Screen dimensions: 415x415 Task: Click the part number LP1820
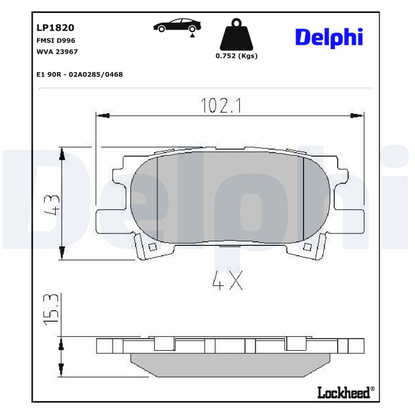pos(55,27)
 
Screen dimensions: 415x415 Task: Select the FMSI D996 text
pos(56,40)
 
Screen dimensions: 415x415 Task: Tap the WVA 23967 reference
pos(57,52)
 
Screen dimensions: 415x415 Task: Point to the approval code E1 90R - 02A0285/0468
pos(79,75)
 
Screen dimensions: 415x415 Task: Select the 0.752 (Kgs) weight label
pos(237,56)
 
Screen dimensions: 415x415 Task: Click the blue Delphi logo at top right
pos(329,38)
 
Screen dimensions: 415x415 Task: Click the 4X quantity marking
pos(227,282)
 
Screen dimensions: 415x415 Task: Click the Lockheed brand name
pos(344,393)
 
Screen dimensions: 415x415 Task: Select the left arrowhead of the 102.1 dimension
pos(103,116)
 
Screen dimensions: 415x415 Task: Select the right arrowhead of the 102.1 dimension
pos(357,116)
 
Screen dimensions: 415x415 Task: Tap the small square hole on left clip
pos(152,247)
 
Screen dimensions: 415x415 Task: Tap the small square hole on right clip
pos(308,247)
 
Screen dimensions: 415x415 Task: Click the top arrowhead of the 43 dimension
pos(62,154)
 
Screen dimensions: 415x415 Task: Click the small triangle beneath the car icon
pos(192,35)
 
